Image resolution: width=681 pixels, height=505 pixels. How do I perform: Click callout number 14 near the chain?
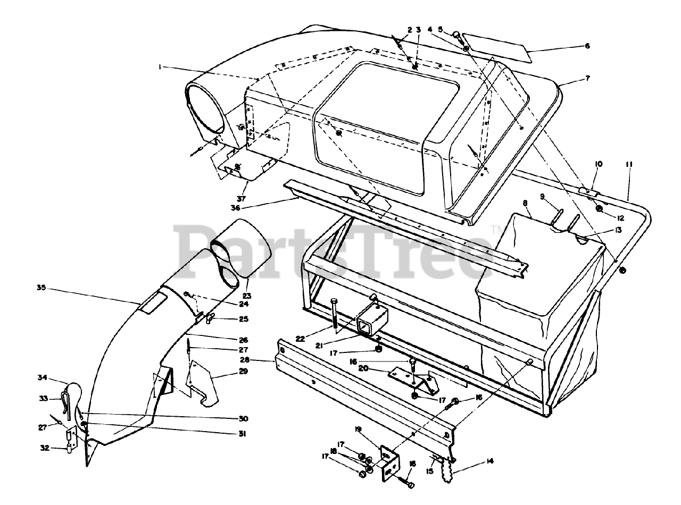pos(489,461)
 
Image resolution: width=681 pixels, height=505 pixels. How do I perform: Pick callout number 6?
pos(587,46)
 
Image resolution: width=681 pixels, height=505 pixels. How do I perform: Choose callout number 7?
pos(587,78)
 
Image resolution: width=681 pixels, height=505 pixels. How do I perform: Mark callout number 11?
pos(629,165)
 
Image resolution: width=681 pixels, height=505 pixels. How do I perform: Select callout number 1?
pos(159,66)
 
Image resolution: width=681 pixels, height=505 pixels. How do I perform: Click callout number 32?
pos(45,448)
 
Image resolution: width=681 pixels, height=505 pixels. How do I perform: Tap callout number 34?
pos(41,378)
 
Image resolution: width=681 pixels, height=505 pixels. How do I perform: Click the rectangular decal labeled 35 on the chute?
pos(151,303)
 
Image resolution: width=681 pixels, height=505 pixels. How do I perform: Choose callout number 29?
pos(244,372)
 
